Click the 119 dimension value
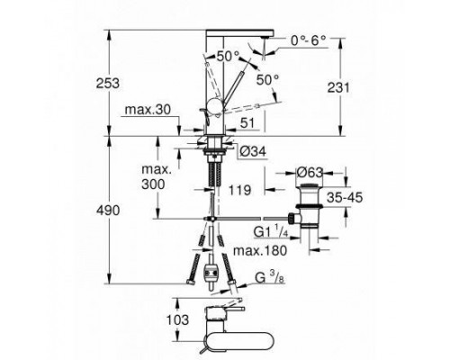pyautogui.click(x=239, y=191)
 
